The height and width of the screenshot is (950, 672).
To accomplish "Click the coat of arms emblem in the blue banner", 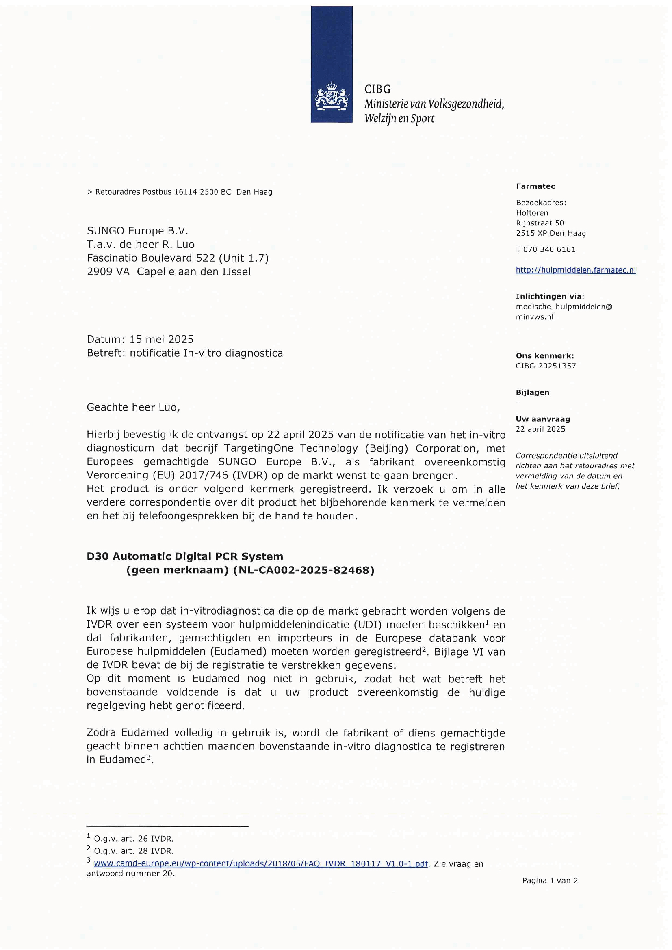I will click(x=332, y=96).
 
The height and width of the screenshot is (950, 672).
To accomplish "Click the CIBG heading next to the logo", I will click(x=377, y=89).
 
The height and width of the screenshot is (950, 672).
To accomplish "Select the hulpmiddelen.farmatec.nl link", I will click(x=575, y=270).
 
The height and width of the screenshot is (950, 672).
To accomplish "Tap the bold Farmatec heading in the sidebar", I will click(x=535, y=186).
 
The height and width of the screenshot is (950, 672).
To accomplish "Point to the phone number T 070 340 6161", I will click(x=545, y=249).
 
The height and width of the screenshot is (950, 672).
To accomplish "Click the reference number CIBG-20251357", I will click(x=546, y=366).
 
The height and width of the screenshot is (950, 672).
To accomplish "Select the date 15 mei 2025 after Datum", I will click(x=161, y=339).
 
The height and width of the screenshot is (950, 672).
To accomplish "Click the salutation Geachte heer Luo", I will click(x=133, y=407).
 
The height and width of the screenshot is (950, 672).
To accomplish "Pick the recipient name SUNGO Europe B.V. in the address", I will click(x=137, y=230).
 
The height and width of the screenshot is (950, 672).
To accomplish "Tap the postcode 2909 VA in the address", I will click(x=108, y=271).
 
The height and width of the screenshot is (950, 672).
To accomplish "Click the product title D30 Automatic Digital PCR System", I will click(x=184, y=556).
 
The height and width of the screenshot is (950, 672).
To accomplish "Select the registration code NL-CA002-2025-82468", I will click(x=304, y=570).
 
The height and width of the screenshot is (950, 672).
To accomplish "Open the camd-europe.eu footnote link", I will click(x=261, y=863).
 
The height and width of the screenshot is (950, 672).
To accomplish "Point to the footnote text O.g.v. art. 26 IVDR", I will click(x=133, y=839).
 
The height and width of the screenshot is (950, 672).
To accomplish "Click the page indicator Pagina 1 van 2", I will click(x=550, y=880).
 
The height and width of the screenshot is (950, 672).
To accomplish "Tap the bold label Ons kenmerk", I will click(x=544, y=355).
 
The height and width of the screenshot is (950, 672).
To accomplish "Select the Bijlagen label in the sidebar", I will click(x=532, y=392).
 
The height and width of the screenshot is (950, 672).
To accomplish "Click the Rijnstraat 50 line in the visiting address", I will click(x=540, y=223).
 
